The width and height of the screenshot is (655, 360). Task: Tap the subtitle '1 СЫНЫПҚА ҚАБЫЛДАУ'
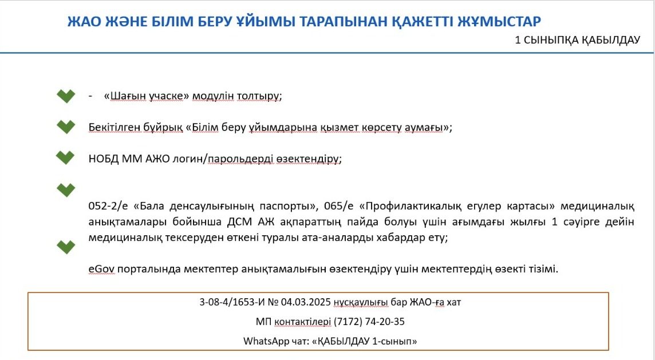577,40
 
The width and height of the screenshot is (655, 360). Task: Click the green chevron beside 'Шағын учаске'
66,96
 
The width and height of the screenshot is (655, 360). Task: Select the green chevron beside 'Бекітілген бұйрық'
66,127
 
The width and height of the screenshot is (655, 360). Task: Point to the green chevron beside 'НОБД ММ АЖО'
65,158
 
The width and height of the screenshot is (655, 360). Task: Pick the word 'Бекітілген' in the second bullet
113,128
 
